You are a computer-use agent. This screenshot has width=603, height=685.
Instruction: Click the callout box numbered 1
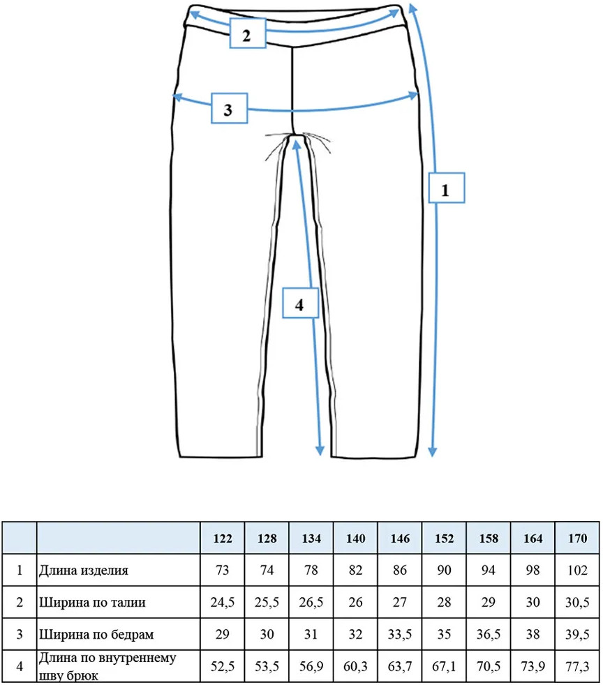(446, 188)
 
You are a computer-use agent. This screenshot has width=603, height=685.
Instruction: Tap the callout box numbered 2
(248, 33)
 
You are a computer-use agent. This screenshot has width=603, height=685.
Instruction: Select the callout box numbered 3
(230, 108)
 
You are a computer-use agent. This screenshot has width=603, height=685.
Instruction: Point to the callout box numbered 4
(300, 303)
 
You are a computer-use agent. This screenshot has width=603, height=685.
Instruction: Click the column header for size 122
(223, 539)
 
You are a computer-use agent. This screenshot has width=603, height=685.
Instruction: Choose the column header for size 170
(577, 539)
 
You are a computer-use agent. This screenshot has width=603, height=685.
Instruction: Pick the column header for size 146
(400, 539)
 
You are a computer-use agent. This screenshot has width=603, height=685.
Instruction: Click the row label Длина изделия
(84, 571)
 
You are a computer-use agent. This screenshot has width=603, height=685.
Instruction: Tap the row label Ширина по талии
(92, 603)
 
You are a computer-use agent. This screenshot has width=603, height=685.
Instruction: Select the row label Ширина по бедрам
(96, 634)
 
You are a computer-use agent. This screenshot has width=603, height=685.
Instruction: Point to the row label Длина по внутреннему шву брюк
(107, 667)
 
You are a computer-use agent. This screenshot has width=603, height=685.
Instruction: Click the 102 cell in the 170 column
(577, 570)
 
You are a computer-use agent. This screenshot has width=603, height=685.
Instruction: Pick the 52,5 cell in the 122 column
(223, 667)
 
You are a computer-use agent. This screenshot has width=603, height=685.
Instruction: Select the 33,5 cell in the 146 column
(400, 634)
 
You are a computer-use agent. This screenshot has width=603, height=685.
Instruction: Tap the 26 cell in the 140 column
(355, 603)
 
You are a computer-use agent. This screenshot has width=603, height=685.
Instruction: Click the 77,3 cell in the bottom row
(577, 667)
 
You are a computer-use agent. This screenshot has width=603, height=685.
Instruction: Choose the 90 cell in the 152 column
(445, 570)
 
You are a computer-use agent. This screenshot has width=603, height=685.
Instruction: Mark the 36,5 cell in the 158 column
(489, 634)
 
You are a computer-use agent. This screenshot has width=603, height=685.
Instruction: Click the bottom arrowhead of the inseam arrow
(320, 451)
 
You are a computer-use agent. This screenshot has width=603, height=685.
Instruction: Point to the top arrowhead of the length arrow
(412, 8)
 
